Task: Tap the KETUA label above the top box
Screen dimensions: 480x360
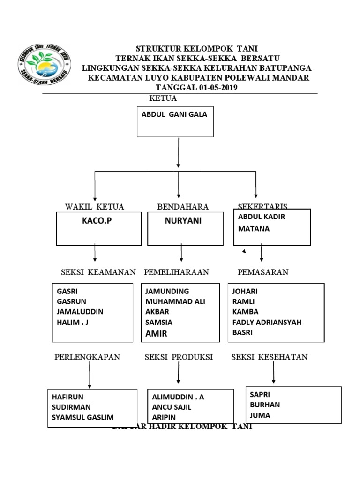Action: [x=163, y=98]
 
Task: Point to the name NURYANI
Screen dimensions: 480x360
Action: [x=183, y=221]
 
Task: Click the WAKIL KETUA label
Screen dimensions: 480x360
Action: [x=94, y=206]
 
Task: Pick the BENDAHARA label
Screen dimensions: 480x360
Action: [x=183, y=206]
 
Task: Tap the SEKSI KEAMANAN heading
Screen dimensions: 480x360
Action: [x=98, y=272]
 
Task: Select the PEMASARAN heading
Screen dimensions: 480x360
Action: [x=263, y=272]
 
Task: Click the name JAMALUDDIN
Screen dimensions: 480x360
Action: [x=80, y=312]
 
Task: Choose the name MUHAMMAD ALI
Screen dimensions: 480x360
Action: [x=175, y=301]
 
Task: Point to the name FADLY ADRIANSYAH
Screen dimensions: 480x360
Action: [x=267, y=322]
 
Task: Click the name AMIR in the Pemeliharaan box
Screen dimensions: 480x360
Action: [x=156, y=333]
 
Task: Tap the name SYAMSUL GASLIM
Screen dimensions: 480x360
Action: [x=83, y=417]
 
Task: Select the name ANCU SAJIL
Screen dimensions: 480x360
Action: [x=172, y=407]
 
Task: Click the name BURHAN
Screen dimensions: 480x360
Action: [x=265, y=405]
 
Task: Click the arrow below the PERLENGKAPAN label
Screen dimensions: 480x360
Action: [x=90, y=375]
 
